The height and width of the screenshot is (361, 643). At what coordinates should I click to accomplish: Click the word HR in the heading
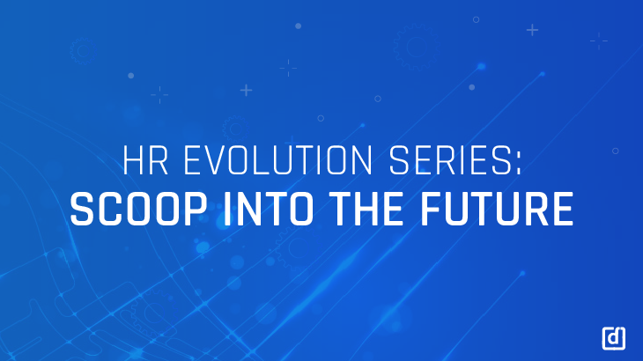[145, 160]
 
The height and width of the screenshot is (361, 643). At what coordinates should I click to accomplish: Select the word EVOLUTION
[278, 160]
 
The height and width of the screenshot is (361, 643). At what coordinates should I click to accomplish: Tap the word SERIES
[450, 160]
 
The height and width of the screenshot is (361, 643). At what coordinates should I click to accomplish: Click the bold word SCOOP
[138, 210]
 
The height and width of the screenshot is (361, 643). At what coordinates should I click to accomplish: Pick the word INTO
[268, 210]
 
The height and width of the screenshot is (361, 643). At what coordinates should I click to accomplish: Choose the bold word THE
[366, 210]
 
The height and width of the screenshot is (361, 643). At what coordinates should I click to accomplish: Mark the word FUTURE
[496, 210]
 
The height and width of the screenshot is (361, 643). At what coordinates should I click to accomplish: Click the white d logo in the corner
[613, 338]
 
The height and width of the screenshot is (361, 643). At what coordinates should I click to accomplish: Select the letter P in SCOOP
[194, 210]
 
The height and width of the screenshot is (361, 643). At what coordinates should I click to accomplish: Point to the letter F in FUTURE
[432, 210]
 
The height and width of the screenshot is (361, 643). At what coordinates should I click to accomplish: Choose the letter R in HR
[158, 160]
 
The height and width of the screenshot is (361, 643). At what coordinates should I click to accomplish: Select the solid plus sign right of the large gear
[532, 30]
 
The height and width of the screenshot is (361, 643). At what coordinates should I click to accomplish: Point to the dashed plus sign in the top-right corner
[599, 41]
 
